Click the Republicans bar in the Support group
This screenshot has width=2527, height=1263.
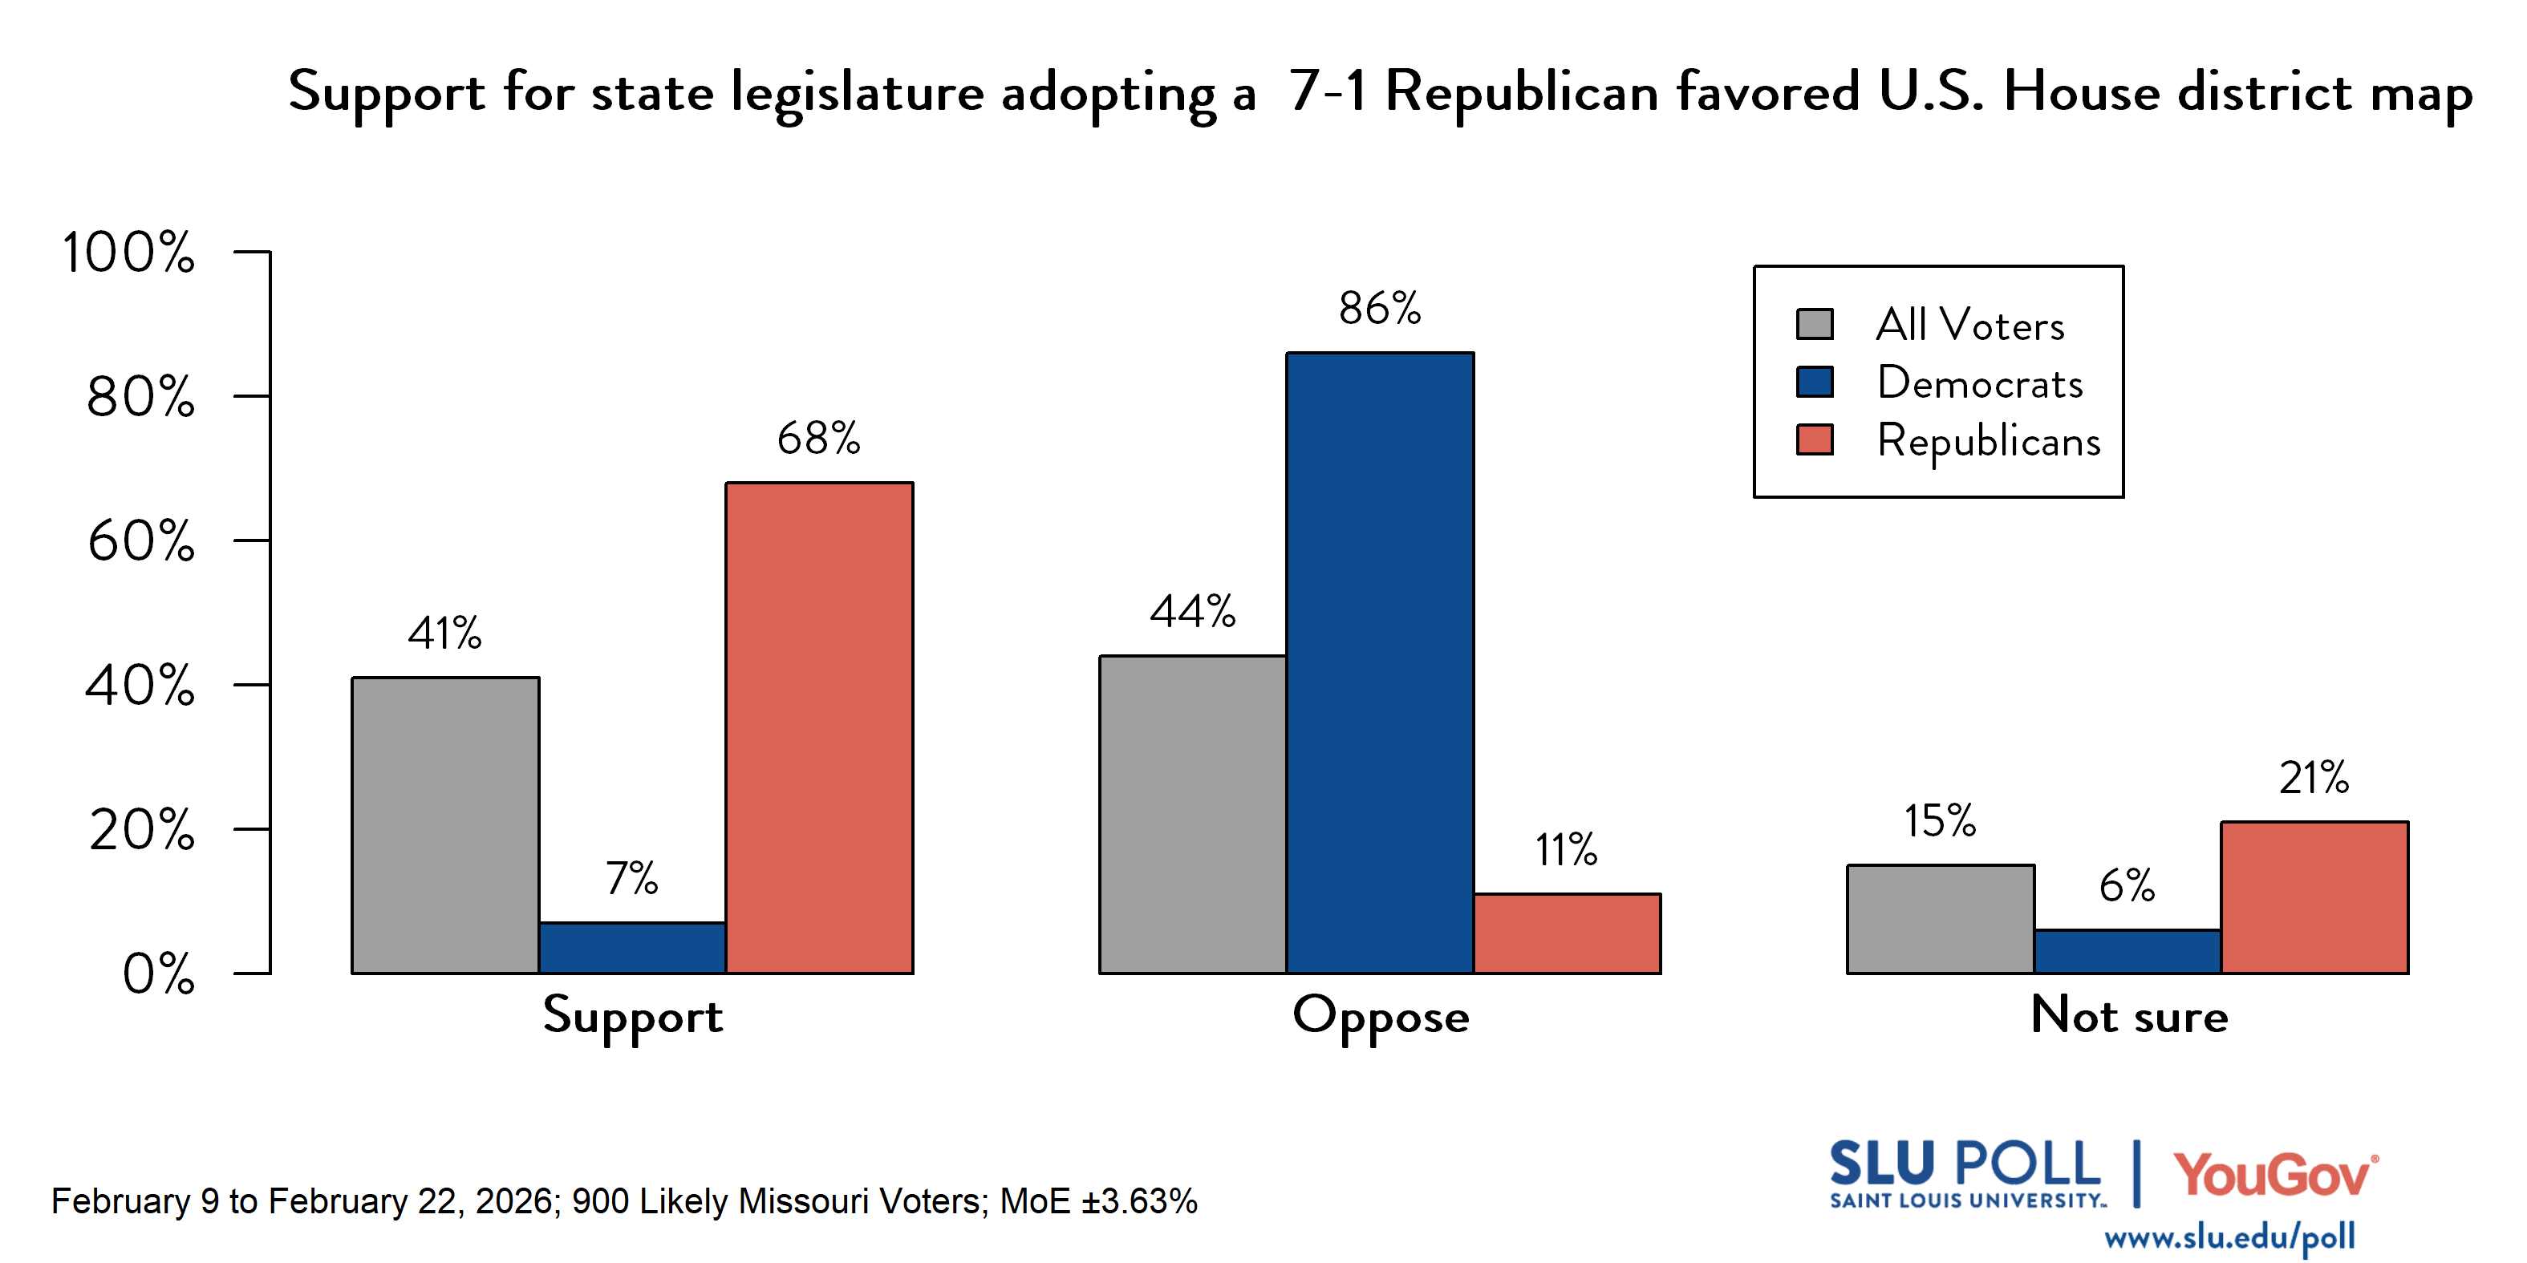tap(819, 727)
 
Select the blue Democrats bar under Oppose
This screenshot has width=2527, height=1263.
tap(1379, 663)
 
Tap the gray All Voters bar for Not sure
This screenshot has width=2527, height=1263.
tap(1940, 919)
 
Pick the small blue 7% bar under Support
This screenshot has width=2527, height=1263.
tap(632, 947)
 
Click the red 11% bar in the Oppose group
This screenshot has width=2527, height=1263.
tap(1567, 933)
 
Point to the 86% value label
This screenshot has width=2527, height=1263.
tap(1379, 309)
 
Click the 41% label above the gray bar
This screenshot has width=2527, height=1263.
tap(444, 634)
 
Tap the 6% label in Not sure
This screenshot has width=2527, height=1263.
tap(2126, 886)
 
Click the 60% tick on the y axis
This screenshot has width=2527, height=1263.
tap(141, 541)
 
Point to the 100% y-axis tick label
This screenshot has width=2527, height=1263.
tap(128, 253)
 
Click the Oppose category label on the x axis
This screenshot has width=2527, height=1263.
tap(1381, 1017)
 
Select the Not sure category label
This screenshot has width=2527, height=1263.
tap(2129, 1016)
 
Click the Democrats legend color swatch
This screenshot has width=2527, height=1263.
tap(1814, 383)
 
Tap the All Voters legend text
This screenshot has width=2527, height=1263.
tap(1969, 326)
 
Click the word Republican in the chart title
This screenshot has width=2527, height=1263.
tap(1522, 93)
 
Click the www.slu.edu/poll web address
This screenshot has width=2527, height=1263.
tap(2229, 1237)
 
